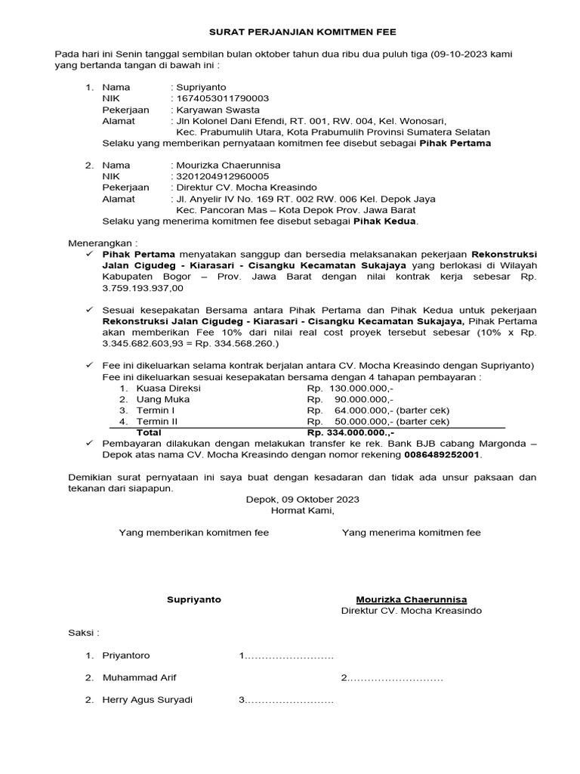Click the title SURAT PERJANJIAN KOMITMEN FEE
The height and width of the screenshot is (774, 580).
(x=302, y=33)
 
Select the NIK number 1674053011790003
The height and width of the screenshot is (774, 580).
(x=222, y=98)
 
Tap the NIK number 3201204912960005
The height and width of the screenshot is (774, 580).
(x=222, y=176)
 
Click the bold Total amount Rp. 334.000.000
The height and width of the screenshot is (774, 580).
(x=350, y=432)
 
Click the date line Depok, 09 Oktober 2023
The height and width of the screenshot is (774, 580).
(x=302, y=500)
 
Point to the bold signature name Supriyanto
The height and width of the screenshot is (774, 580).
(x=194, y=599)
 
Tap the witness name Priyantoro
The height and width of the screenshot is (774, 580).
(x=126, y=655)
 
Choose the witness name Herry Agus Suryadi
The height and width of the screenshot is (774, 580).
(x=147, y=700)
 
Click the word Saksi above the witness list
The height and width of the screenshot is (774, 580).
(x=84, y=633)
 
